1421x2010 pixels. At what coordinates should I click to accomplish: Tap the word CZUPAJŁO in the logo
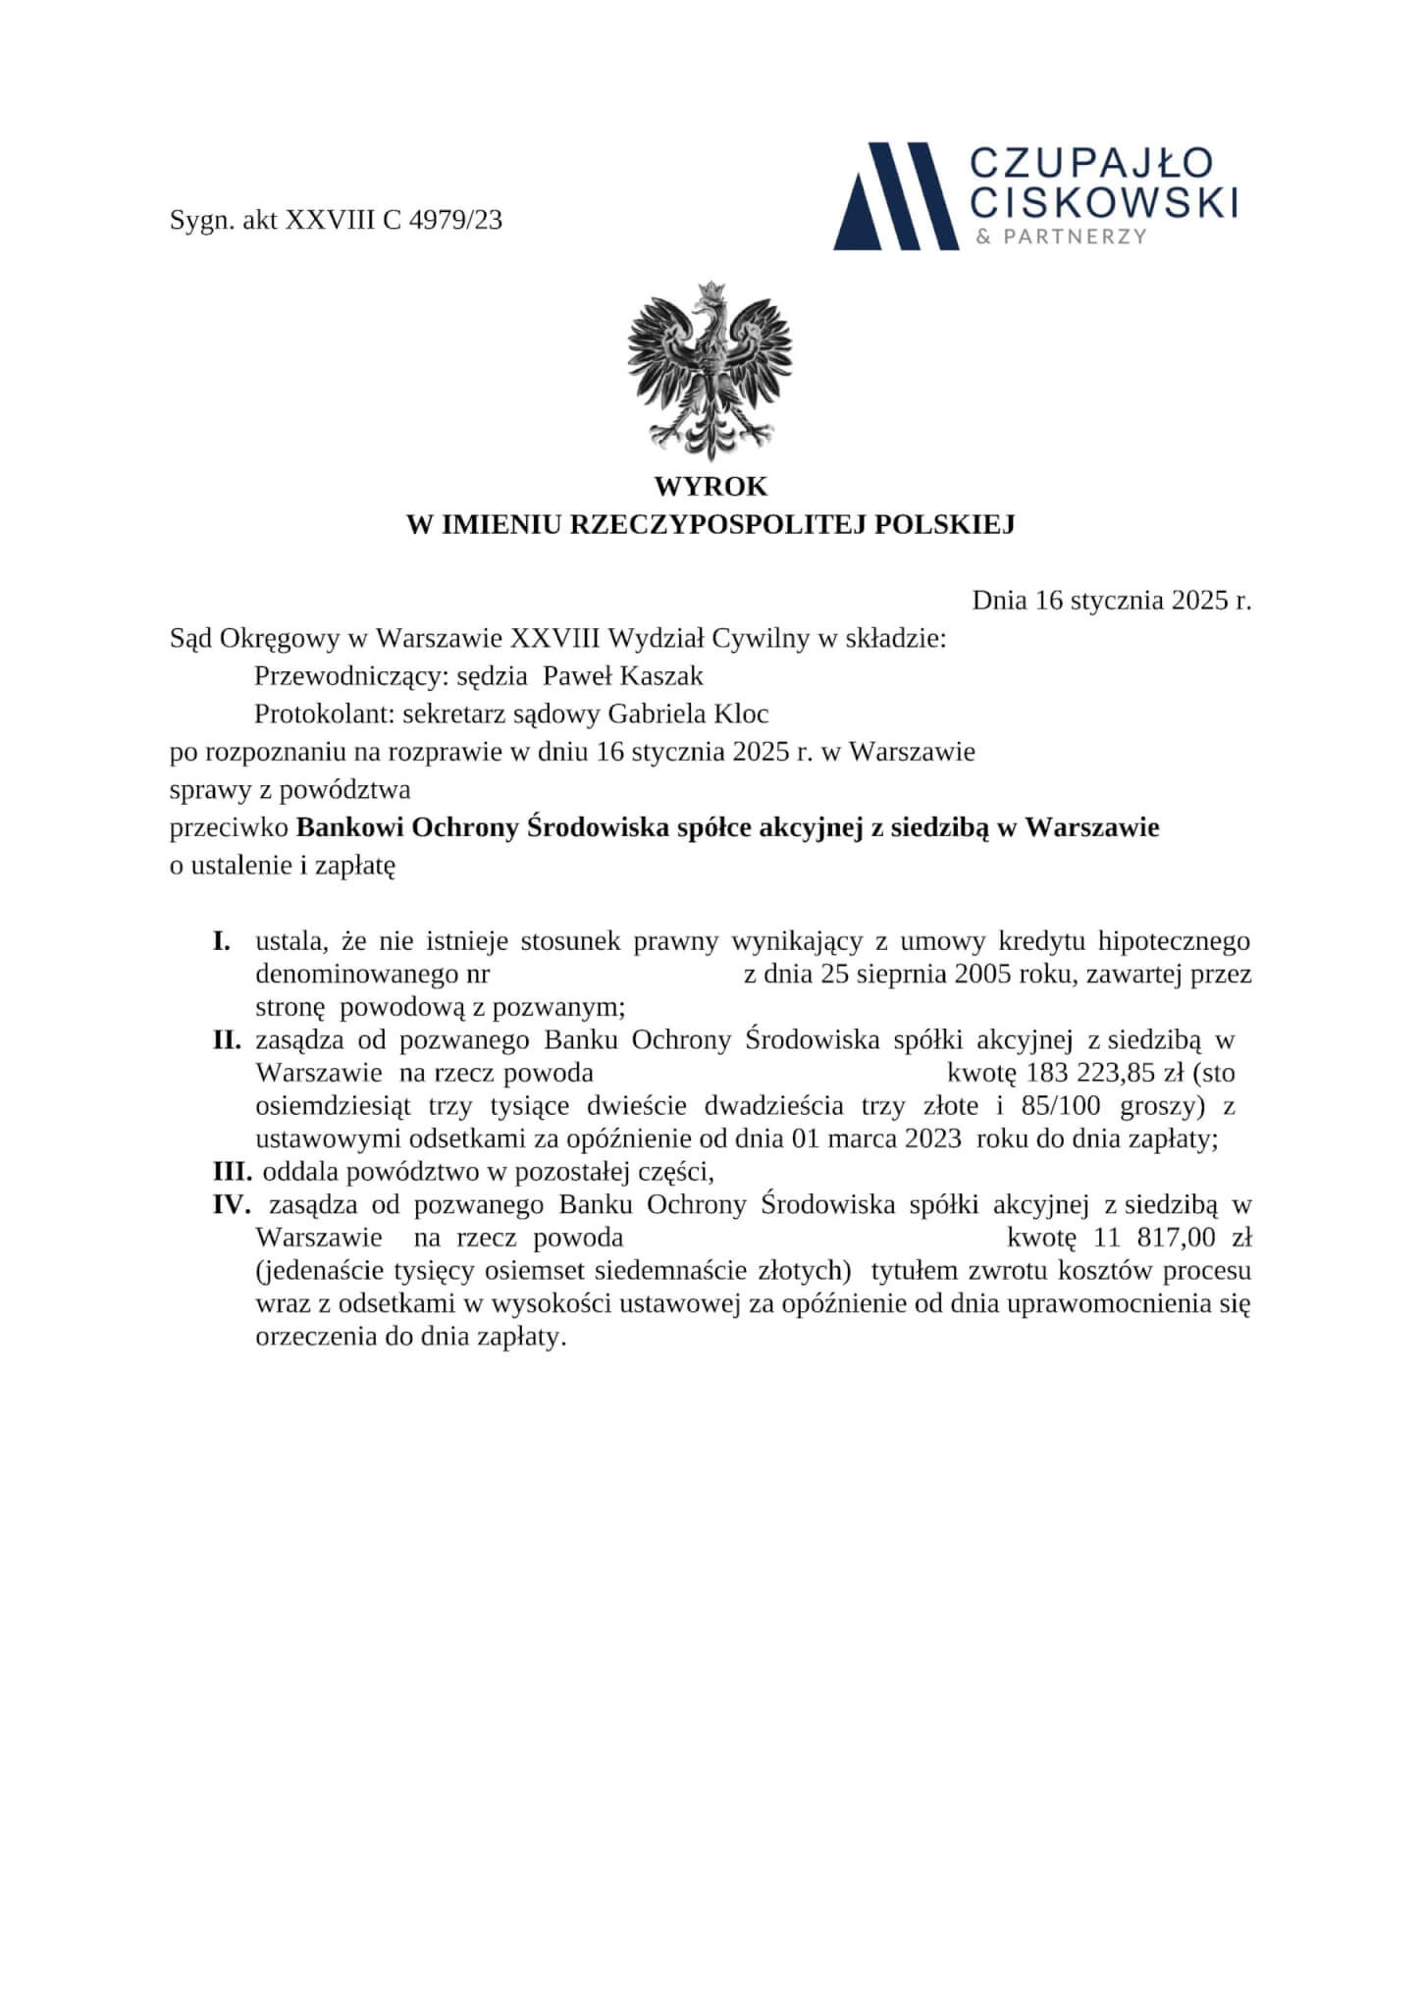point(1091,164)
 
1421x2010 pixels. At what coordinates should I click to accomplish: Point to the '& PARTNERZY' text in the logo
point(1061,237)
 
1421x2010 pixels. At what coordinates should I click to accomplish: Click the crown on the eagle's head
point(710,291)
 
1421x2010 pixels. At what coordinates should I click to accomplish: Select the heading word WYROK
point(710,487)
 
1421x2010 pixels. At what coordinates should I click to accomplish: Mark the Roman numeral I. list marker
point(222,942)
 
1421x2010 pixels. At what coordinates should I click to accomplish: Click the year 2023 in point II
point(925,1139)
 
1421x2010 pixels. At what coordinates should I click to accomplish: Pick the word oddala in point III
point(294,1171)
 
